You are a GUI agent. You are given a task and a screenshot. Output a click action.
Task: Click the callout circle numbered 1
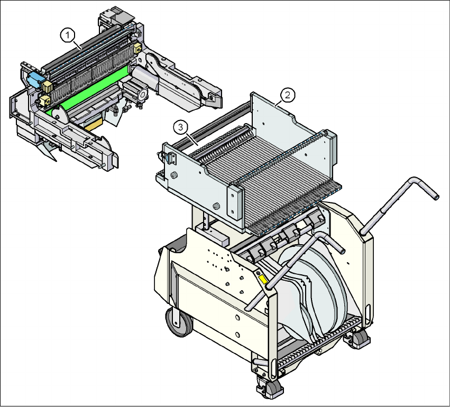68,35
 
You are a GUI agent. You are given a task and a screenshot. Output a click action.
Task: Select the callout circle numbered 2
288,95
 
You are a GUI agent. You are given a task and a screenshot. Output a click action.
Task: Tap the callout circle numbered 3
180,127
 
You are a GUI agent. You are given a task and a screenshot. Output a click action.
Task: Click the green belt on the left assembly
89,89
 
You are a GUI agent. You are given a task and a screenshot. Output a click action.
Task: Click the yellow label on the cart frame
263,279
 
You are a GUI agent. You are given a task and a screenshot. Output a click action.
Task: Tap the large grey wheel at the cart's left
179,321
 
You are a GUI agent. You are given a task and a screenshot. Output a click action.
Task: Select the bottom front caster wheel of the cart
270,387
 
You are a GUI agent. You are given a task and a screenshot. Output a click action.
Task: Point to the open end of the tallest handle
436,197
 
